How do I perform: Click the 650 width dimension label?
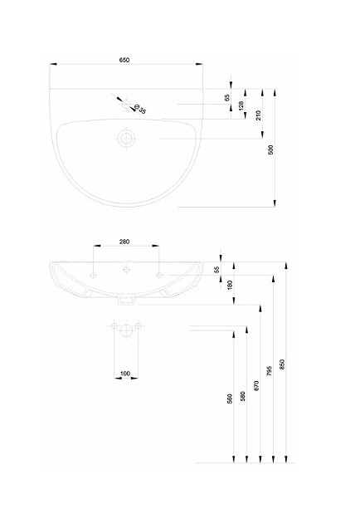[124, 60]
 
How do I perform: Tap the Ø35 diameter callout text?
[140, 109]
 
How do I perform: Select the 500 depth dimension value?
[271, 149]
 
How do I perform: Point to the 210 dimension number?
[259, 115]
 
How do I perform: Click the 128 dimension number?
[241, 105]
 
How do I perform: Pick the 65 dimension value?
[227, 98]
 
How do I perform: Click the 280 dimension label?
[124, 242]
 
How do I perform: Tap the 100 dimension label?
[124, 374]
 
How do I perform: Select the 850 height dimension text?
[282, 364]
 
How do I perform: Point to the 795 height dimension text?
[269, 371]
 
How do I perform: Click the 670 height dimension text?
[256, 385]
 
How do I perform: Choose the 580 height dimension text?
[243, 396]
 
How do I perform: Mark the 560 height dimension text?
[230, 399]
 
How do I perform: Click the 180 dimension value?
[230, 285]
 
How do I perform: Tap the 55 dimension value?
[217, 269]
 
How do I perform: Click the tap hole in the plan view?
[127, 105]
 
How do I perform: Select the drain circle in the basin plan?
[127, 139]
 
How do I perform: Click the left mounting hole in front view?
[94, 275]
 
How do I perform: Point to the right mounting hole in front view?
[159, 275]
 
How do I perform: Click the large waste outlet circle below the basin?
[126, 330]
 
